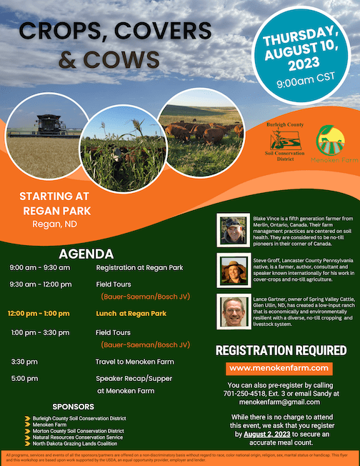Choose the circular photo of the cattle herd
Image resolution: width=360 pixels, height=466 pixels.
click(201, 132)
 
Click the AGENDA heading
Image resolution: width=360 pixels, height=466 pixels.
click(86, 254)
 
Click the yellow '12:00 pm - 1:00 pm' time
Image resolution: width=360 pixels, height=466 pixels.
click(39, 313)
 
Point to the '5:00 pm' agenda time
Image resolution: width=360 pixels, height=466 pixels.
click(24, 377)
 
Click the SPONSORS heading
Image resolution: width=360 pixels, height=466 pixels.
click(74, 407)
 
